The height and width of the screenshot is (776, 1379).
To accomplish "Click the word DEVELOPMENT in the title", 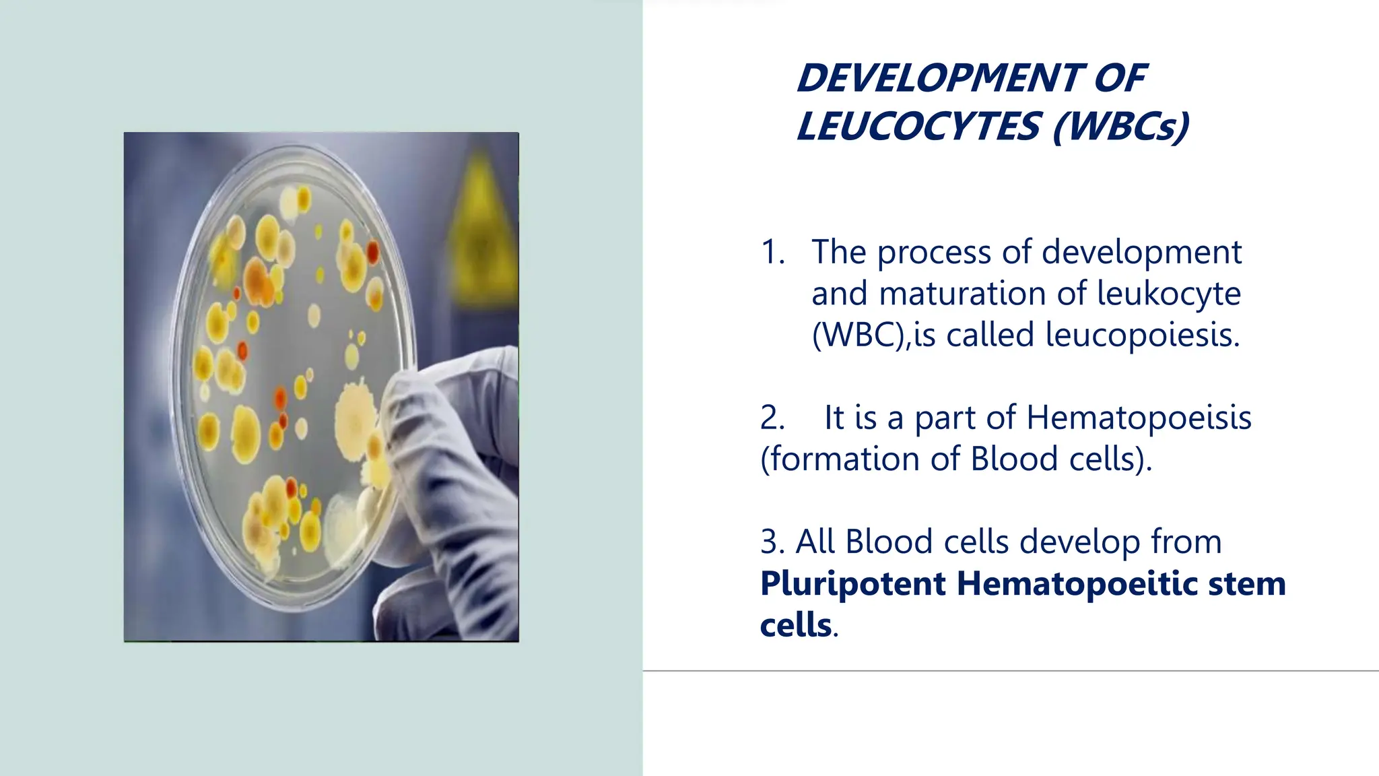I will tap(939, 78).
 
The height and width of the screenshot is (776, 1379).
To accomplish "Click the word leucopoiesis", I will tap(1142, 335).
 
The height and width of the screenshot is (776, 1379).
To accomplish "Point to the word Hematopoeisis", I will tap(1139, 418).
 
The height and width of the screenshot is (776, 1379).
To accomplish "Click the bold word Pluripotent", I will tap(852, 583).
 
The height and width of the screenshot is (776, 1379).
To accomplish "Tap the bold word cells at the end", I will tap(795, 625).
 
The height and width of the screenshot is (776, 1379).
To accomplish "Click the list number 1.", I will tap(772, 253).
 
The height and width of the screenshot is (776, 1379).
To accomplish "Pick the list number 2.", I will tap(772, 418).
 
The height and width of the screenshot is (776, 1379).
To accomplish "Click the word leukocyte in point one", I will tap(1168, 294).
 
